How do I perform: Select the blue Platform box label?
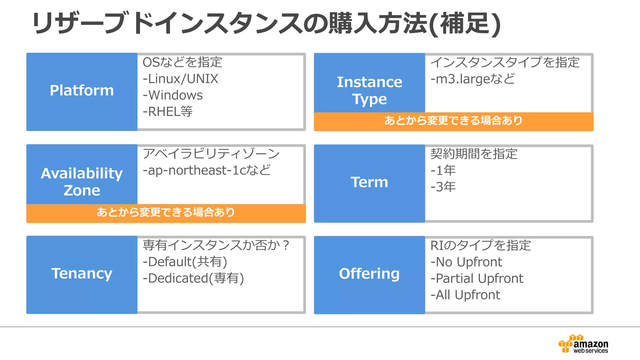82,91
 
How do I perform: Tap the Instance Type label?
369,91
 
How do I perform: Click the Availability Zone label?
82,182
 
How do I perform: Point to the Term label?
369,182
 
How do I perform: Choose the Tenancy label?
82,274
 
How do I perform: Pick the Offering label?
369,274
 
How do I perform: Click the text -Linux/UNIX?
181,79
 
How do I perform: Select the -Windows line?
173,95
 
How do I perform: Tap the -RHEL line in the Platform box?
168,112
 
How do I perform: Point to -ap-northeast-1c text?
207,171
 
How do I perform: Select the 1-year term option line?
443,171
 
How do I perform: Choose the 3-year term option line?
443,187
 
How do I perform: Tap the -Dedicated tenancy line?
193,278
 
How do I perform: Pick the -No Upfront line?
466,262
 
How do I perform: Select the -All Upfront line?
465,295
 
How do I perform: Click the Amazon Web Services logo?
583,344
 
